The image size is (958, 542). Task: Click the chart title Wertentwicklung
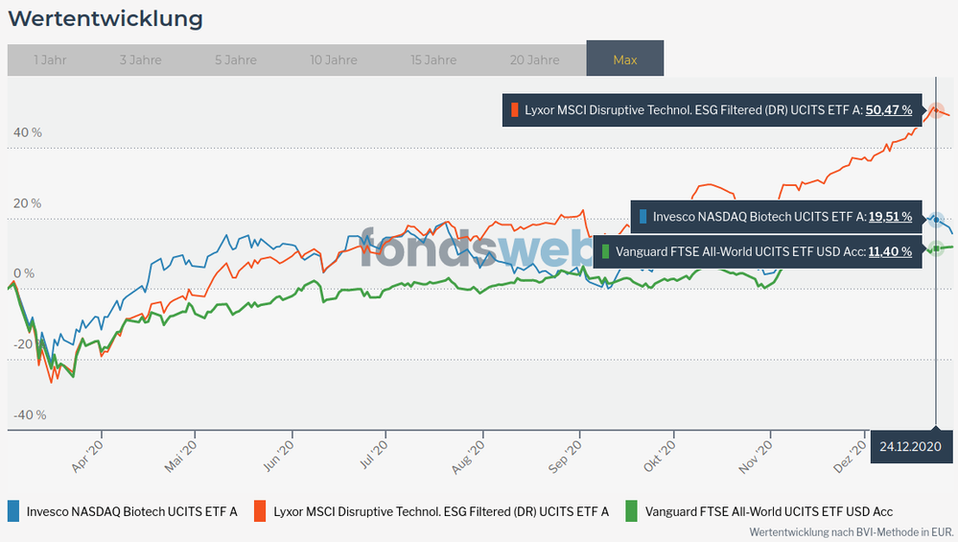pyautogui.click(x=105, y=18)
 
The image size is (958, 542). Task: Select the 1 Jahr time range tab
pyautogui.click(x=50, y=59)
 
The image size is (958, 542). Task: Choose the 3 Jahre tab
pyautogui.click(x=140, y=59)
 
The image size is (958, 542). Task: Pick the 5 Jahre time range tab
pyautogui.click(x=235, y=59)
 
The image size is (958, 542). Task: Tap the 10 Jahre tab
pyautogui.click(x=334, y=59)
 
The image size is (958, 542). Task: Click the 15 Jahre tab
pyautogui.click(x=433, y=59)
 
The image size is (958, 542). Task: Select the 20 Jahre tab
pyautogui.click(x=534, y=59)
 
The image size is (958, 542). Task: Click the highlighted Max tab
pyautogui.click(x=624, y=59)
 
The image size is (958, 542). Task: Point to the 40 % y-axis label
pyautogui.click(x=27, y=132)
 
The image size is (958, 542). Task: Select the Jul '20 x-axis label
pyautogui.click(x=373, y=452)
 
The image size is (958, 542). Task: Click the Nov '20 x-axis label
pyautogui.click(x=759, y=452)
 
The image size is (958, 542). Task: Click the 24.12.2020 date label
pyautogui.click(x=910, y=446)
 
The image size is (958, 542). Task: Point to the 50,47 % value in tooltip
pyautogui.click(x=889, y=110)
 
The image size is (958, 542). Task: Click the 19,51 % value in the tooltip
pyautogui.click(x=890, y=217)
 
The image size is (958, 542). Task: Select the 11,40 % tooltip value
pyautogui.click(x=890, y=252)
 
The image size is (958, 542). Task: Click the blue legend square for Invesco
pyautogui.click(x=13, y=511)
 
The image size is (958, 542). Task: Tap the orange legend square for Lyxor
pyautogui.click(x=260, y=511)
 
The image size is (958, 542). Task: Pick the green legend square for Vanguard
pyautogui.click(x=630, y=511)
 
